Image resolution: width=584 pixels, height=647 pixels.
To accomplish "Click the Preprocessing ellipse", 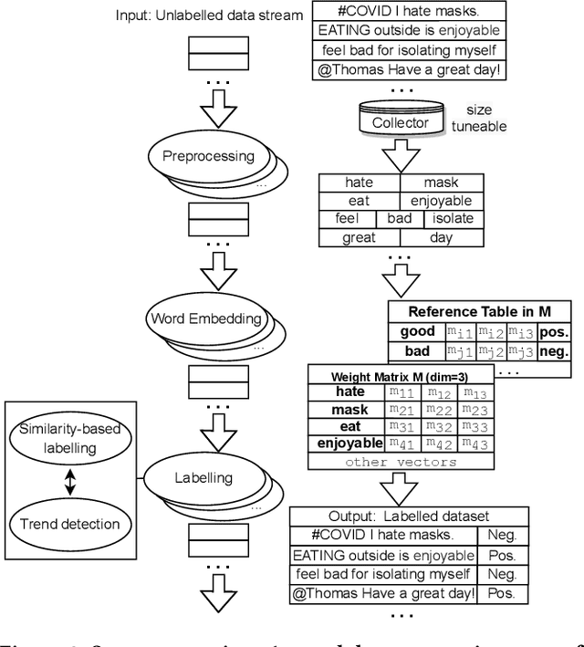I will [208, 156].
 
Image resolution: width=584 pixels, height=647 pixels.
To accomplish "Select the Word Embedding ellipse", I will [205, 319].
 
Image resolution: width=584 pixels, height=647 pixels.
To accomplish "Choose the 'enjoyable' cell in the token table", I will [441, 201].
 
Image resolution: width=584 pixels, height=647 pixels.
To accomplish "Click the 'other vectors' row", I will [401, 463].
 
